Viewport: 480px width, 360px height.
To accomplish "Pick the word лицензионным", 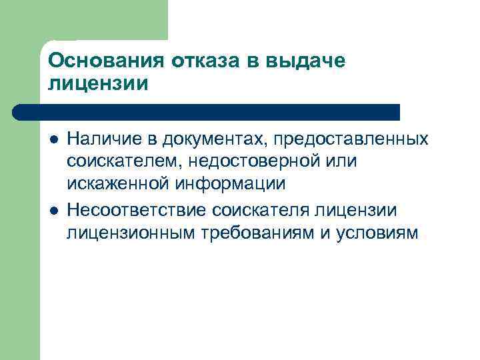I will pos(127,233).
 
